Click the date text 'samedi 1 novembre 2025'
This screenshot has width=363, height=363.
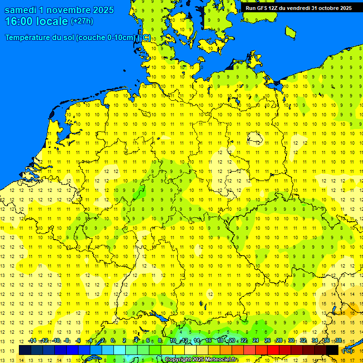(59, 10)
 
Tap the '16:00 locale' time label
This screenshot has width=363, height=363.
(36, 21)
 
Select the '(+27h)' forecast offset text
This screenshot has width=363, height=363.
(82, 21)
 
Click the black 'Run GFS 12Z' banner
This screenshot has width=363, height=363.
(299, 8)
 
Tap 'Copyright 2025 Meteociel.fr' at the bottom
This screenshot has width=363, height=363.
(201, 360)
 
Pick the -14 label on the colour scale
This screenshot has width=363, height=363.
(32, 341)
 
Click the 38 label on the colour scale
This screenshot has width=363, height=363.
(338, 341)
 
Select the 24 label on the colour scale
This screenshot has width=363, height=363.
(256, 341)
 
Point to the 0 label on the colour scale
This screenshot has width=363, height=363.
(112, 341)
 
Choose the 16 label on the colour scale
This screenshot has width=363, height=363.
(208, 341)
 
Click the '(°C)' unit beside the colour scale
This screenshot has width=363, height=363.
(347, 351)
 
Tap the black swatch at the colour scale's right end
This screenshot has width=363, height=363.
(332, 350)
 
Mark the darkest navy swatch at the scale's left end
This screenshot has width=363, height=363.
(25, 350)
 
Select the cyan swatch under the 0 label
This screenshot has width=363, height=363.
(120, 350)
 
